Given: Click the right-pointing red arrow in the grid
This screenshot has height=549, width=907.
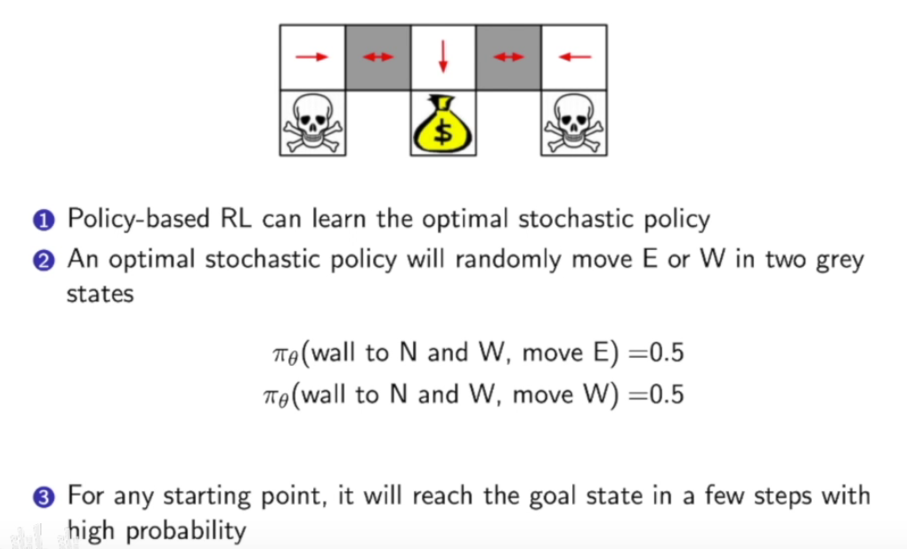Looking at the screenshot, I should pyautogui.click(x=312, y=57).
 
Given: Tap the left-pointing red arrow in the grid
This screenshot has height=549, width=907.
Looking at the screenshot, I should pyautogui.click(x=575, y=57).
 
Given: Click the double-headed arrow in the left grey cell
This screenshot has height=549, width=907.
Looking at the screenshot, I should pyautogui.click(x=377, y=57).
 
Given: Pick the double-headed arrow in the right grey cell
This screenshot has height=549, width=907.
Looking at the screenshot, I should pyautogui.click(x=509, y=57).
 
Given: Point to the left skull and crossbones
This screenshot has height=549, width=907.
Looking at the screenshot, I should pyautogui.click(x=312, y=123).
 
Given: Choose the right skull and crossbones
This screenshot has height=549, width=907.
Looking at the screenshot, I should pyautogui.click(x=575, y=123).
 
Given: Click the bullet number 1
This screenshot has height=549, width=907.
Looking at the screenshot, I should pyautogui.click(x=50, y=220).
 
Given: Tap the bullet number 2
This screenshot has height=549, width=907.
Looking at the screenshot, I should pyautogui.click(x=50, y=262).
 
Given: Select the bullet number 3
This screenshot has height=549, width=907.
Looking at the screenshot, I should pyautogui.click(x=50, y=496).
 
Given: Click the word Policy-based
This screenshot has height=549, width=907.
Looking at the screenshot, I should pyautogui.click(x=138, y=219).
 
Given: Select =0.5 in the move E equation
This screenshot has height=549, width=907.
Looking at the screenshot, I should pyautogui.click(x=657, y=352).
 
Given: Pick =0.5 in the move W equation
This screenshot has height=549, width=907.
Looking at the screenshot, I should pyautogui.click(x=657, y=394).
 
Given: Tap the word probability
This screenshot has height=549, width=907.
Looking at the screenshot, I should pyautogui.click(x=185, y=531).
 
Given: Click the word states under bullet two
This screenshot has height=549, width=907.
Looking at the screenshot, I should pyautogui.click(x=100, y=294).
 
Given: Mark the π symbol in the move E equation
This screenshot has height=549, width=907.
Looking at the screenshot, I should pyautogui.click(x=279, y=354).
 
